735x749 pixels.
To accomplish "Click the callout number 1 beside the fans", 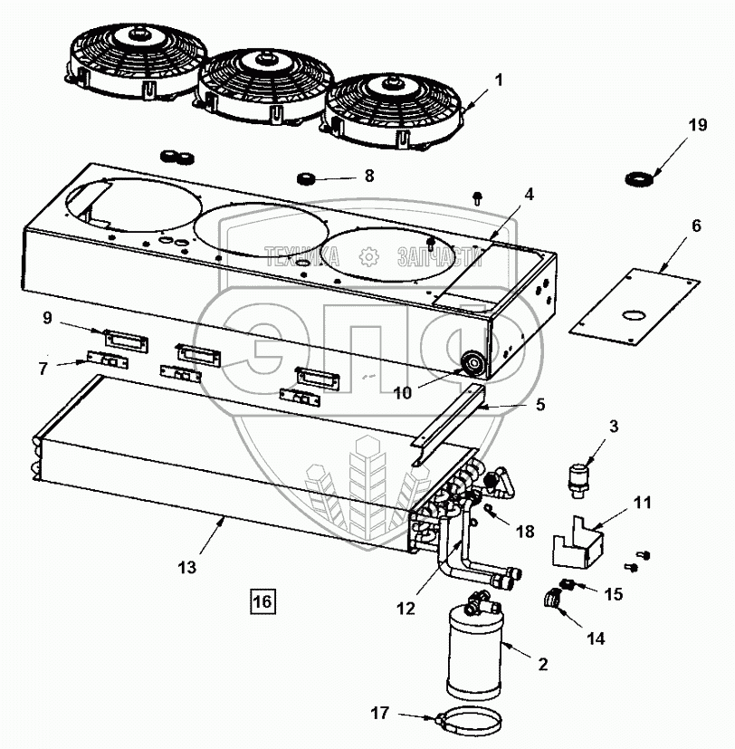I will tap(498, 80).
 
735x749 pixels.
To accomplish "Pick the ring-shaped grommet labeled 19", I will tap(639, 178).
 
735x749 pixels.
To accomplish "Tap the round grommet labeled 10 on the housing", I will tap(472, 365).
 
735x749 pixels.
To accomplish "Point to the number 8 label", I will tap(368, 176).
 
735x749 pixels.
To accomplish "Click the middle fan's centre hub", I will tap(265, 59).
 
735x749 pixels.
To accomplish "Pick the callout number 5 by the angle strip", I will tap(540, 406).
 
